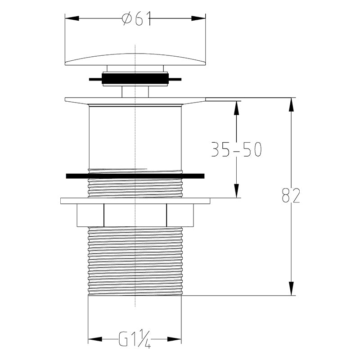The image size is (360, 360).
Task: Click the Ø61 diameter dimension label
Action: [136, 18]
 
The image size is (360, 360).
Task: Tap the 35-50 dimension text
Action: [236, 149]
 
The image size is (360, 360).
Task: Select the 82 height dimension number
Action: [291, 195]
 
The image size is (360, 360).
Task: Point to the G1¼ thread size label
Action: [135, 339]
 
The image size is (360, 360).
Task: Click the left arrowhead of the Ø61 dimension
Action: [72, 18]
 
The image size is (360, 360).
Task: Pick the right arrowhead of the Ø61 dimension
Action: [198, 18]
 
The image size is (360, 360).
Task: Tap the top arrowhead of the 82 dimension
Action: [291, 105]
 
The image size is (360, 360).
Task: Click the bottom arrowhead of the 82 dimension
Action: [291, 288]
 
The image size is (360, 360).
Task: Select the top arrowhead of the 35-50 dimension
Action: [237, 108]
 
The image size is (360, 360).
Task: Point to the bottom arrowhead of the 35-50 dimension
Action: [237, 191]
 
